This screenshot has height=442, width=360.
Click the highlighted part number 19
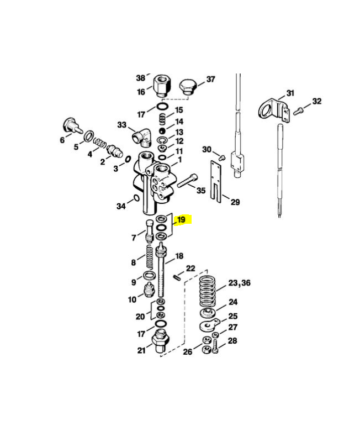click(x=182, y=219)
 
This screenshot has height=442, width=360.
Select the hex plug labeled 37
click(x=188, y=87)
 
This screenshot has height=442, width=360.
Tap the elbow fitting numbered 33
click(x=142, y=136)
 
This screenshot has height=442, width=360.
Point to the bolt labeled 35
click(x=187, y=181)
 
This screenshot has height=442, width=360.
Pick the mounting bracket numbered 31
click(x=274, y=111)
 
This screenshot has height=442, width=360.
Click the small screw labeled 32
click(x=298, y=111)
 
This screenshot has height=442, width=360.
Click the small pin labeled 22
click(x=176, y=277)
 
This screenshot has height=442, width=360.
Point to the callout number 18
click(x=179, y=256)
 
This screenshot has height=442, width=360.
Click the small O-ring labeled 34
click(x=135, y=198)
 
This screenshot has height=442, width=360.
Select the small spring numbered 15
click(x=163, y=119)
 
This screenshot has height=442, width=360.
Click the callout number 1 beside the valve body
click(x=180, y=160)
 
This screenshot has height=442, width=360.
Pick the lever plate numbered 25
click(x=209, y=325)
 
